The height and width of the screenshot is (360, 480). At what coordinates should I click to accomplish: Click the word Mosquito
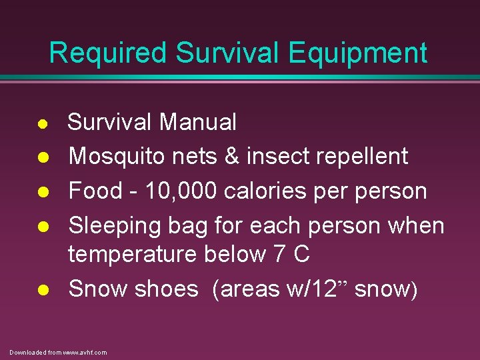117,157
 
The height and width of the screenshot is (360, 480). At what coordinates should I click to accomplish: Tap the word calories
271,191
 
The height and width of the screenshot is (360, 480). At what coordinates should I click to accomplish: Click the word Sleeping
116,226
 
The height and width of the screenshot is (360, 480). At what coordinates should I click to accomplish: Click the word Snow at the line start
98,289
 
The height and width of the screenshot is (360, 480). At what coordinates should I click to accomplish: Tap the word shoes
166,289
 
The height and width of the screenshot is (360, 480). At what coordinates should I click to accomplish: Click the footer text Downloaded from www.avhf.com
58,352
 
